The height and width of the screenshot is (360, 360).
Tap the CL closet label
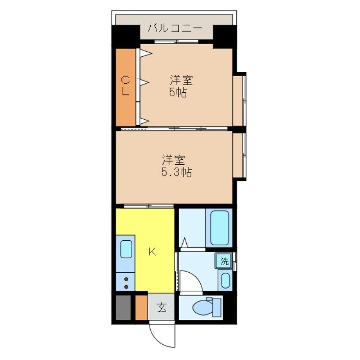pyautogui.click(x=126, y=86)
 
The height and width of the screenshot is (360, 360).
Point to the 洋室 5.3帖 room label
pyautogui.click(x=176, y=166)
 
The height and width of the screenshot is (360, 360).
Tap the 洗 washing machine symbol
pyautogui.click(x=224, y=261)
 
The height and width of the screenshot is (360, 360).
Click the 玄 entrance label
pyautogui.click(x=162, y=308)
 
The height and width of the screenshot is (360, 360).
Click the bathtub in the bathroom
pyautogui.click(x=220, y=228)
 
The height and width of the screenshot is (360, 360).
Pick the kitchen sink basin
pyautogui.click(x=126, y=249)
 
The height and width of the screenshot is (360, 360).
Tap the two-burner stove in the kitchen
pyautogui.click(x=126, y=283)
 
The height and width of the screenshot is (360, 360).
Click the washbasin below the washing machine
pyautogui.click(x=225, y=280)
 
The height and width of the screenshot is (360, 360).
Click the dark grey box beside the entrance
pyautogui.click(x=122, y=307)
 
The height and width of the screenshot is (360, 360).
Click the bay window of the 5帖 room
pyautogui.click(x=240, y=99)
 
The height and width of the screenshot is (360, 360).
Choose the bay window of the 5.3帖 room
pyautogui.click(x=240, y=156)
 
